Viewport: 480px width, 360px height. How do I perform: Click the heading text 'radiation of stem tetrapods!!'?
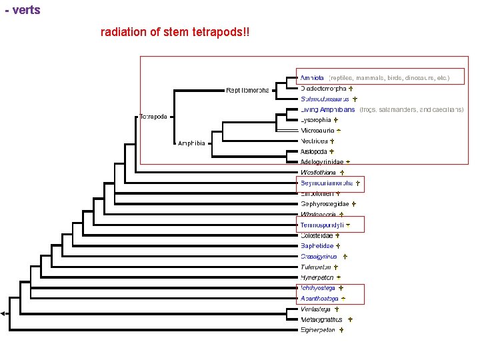coord(175,32)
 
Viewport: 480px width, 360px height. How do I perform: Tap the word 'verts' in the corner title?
coord(26,10)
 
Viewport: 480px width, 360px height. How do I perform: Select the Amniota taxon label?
coord(312,78)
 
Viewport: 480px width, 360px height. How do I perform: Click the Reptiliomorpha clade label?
coord(247,89)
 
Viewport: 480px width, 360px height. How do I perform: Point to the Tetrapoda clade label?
coord(154,115)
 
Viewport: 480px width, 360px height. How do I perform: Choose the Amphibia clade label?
coord(194,143)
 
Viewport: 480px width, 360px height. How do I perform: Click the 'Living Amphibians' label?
coord(327,109)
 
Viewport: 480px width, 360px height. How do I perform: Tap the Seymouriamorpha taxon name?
coord(326,183)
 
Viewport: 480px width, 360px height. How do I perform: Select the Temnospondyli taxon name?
coord(321,225)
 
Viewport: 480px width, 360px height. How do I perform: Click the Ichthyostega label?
coord(317,288)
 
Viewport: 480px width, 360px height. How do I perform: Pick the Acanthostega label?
coord(319,298)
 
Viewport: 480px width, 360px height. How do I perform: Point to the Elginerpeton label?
coord(317,329)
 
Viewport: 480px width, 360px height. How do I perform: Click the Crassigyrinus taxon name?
coord(319,256)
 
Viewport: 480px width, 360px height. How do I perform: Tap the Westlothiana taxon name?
coord(318,172)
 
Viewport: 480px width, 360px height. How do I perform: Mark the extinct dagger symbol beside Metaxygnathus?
coord(350,319)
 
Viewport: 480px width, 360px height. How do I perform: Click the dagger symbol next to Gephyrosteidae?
coord(354,204)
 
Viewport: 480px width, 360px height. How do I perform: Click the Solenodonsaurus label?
coord(324,99)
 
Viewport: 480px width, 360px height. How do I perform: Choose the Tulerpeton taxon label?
coord(315,267)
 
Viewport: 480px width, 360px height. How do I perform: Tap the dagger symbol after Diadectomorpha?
coord(351,89)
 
